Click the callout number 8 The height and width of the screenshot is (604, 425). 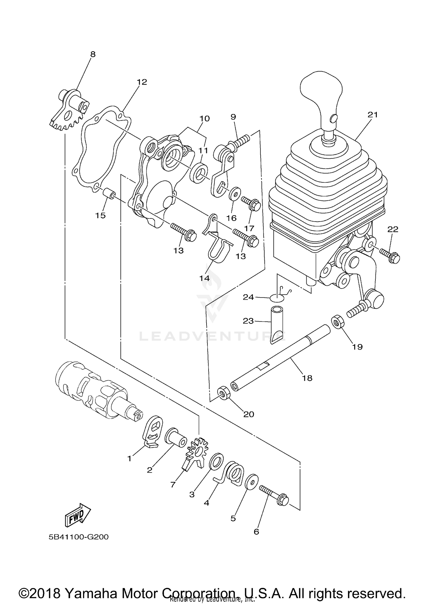tap(93, 54)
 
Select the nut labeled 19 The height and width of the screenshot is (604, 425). tap(337, 321)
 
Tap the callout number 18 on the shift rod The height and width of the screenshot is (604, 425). tap(307, 378)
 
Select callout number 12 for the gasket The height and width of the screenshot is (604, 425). tap(142, 82)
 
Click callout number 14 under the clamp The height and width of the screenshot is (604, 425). tap(204, 278)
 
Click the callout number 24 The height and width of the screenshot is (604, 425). tap(248, 297)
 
